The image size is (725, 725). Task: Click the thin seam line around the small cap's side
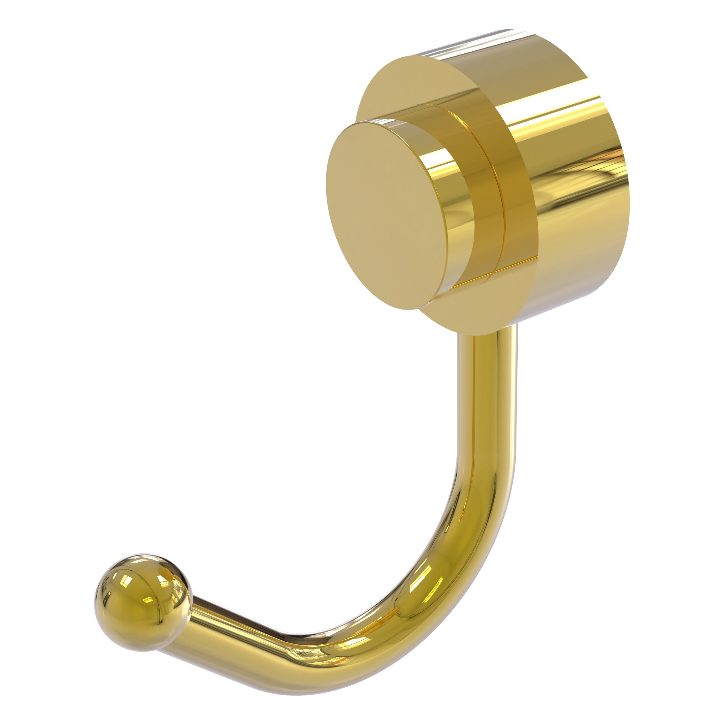[x=488, y=210]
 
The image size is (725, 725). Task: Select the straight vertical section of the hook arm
[x=488, y=394]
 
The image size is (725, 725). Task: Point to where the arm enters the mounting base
[x=488, y=336]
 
